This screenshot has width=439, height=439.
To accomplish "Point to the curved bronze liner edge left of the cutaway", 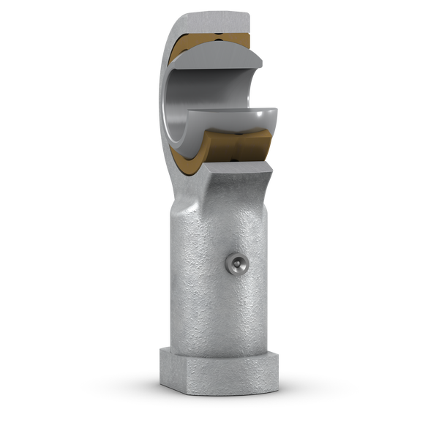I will [170, 80].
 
